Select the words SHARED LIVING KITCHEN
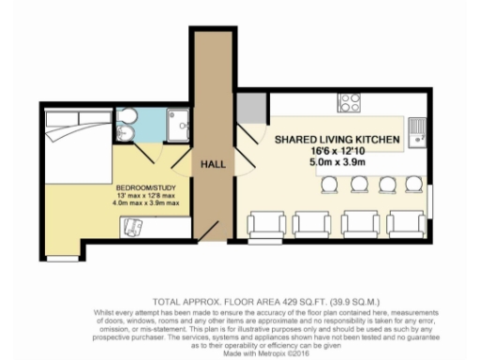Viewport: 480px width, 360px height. pos(337,140)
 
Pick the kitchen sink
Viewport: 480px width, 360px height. pos(419,130)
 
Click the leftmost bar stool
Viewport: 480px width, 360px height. pos(328,186)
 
